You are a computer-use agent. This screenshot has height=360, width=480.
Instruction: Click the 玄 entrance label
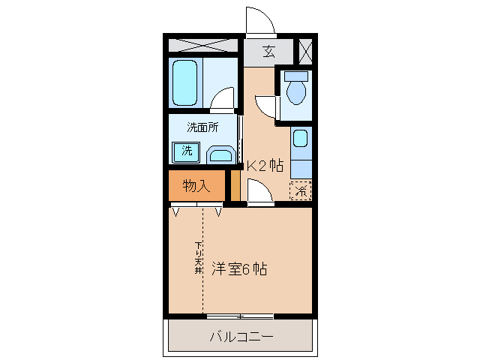click(x=268, y=52)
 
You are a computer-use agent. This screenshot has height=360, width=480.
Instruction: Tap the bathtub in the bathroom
click(x=185, y=82)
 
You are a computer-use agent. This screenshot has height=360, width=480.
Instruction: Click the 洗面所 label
click(x=202, y=127)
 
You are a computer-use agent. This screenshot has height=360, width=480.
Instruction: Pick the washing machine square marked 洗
click(x=185, y=151)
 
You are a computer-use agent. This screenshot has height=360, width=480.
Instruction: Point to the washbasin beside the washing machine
click(x=220, y=155)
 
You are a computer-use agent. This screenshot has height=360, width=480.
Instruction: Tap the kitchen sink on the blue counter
click(x=300, y=139)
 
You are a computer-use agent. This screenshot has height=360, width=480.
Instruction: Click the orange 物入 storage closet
click(x=195, y=186)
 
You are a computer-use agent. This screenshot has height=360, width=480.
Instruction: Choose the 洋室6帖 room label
click(x=239, y=268)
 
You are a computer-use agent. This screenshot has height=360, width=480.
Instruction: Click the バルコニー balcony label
click(x=240, y=336)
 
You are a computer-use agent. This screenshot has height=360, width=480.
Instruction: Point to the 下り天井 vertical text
click(x=199, y=258)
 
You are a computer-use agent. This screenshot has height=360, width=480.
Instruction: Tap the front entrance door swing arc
click(x=259, y=19)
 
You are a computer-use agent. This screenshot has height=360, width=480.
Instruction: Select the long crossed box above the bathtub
click(x=202, y=45)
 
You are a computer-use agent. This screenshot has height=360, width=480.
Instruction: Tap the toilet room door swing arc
click(x=265, y=106)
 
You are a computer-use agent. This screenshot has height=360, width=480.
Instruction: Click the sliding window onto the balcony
click(x=240, y=315)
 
